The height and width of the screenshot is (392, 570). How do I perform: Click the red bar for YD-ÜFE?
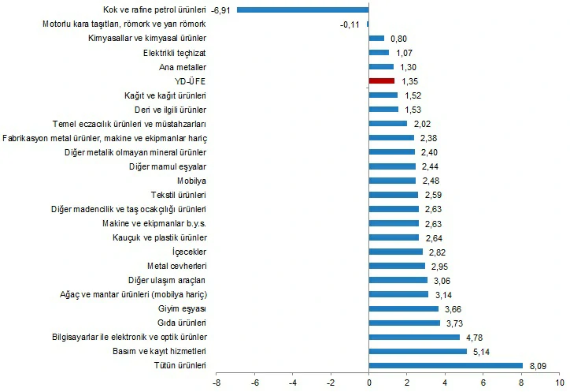point(381,80)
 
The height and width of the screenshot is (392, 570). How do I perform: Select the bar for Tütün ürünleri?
point(446,365)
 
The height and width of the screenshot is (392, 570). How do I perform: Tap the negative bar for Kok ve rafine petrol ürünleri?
point(303,9)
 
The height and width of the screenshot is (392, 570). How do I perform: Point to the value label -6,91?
point(221,9)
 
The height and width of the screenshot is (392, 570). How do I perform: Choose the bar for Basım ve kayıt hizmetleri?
point(417,351)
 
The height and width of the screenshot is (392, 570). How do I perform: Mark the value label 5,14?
point(480,351)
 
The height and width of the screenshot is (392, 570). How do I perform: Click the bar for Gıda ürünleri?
point(404,323)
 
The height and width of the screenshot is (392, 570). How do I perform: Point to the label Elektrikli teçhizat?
point(175,52)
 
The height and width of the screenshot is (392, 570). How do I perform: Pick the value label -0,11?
point(350,24)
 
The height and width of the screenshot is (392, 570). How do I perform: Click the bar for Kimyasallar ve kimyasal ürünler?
point(376,38)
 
